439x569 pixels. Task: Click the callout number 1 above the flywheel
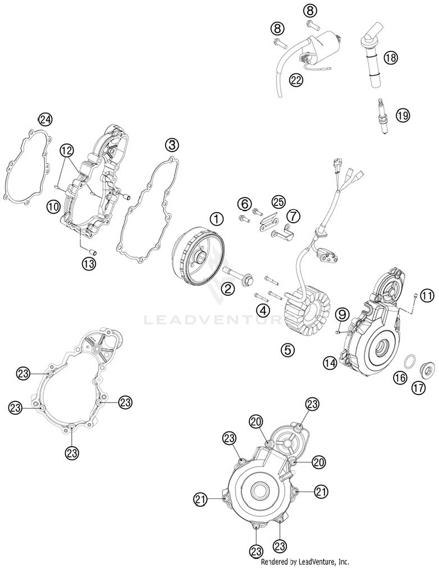[x=217, y=219]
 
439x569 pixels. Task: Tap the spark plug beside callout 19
[x=383, y=116]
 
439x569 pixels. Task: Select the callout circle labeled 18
[x=391, y=58]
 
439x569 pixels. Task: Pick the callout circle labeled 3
[x=172, y=145]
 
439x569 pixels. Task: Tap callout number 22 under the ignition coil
[x=296, y=80]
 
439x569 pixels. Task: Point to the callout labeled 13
[x=89, y=264]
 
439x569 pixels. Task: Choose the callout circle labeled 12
[x=67, y=151]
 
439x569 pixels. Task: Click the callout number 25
[x=278, y=202]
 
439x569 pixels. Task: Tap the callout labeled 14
[x=330, y=363]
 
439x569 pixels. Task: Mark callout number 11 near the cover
[x=427, y=296]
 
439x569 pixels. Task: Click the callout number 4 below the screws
[x=263, y=310]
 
